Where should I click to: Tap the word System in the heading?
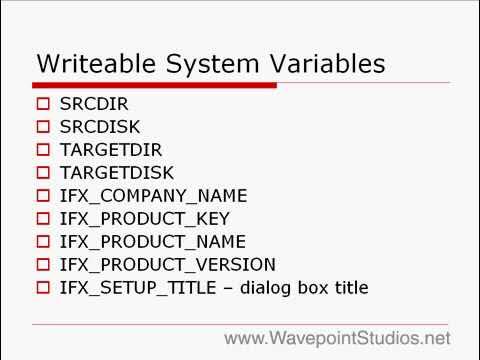click(x=204, y=64)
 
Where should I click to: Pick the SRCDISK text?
click(x=101, y=127)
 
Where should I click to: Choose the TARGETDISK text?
click(x=117, y=173)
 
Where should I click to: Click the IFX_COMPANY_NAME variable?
click(x=153, y=196)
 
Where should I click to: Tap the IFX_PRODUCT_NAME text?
click(x=153, y=242)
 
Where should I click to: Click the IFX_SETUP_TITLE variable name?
click(x=132, y=288)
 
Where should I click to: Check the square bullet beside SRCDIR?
click(x=42, y=104)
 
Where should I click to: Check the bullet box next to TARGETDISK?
click(x=42, y=173)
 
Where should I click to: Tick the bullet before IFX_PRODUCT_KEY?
click(x=42, y=219)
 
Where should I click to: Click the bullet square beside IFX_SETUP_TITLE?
click(x=42, y=288)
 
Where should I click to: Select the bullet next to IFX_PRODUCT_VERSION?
click(x=42, y=265)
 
